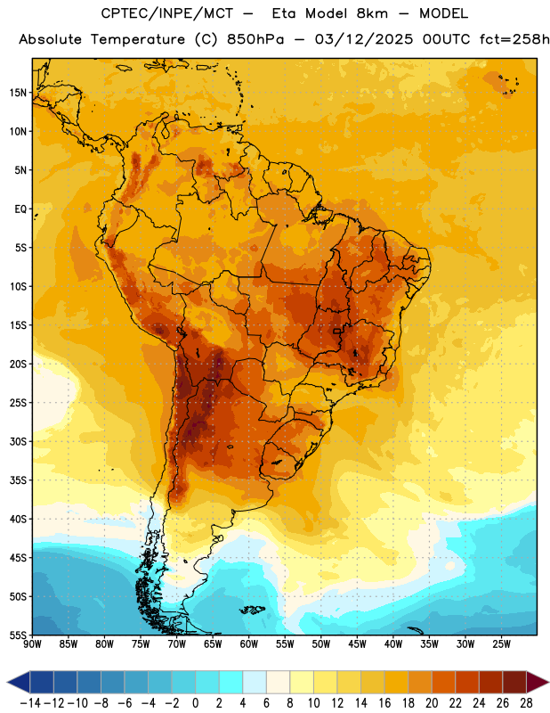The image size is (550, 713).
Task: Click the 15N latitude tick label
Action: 18,93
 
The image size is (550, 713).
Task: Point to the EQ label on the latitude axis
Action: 20,209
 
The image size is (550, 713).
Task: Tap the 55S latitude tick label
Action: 18,635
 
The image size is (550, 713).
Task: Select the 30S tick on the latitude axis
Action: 18,441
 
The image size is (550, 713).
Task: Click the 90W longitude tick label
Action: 32,644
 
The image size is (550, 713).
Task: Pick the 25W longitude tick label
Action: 502,644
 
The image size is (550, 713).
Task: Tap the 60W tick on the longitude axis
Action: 249,644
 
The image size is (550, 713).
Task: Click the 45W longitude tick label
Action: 358,644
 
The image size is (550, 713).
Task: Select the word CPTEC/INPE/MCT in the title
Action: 167,13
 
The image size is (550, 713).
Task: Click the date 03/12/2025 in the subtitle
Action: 364,39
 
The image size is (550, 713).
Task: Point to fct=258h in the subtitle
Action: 514,39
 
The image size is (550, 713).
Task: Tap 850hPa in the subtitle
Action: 255,39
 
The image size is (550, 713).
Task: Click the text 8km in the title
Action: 372,13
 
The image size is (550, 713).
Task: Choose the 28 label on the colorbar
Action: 526,703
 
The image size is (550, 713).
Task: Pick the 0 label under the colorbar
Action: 195,703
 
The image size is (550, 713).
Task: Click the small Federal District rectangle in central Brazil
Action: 336,331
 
